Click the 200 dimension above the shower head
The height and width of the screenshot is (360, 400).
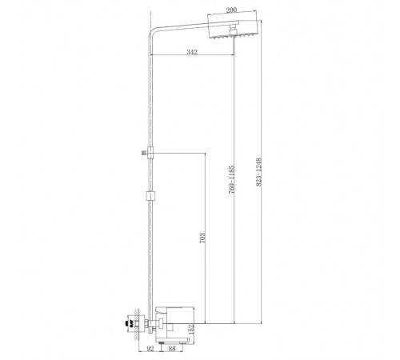click(231, 10)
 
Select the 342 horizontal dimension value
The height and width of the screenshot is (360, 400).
click(192, 52)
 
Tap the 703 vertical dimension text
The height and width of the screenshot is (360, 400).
click(202, 238)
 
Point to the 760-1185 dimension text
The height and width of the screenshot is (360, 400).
click(231, 179)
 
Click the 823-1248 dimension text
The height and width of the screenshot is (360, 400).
click(258, 172)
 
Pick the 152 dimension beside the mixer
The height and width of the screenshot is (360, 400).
click(191, 330)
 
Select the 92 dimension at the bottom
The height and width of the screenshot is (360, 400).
click(150, 349)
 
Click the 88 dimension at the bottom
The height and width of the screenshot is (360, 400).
click(172, 348)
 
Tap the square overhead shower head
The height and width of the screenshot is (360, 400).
click(233, 28)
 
